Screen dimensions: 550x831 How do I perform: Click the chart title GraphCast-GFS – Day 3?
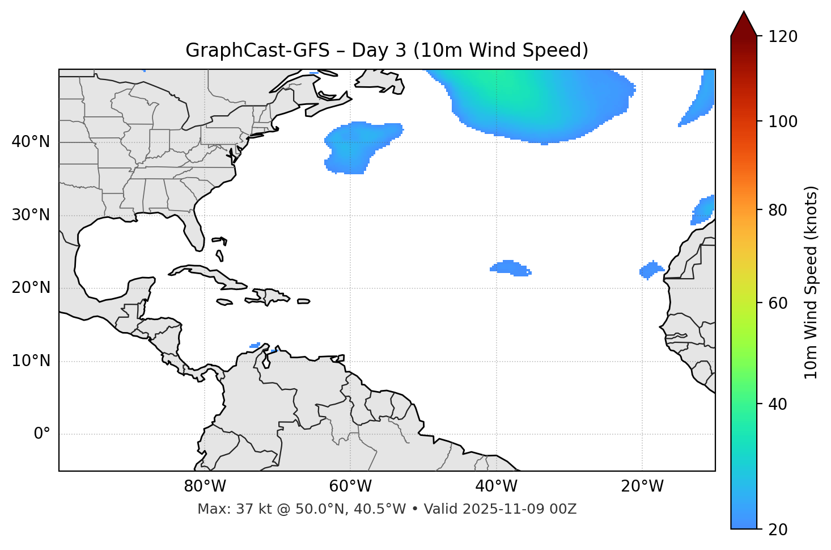(x=387, y=51)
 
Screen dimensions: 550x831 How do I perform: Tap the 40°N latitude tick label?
(x=31, y=142)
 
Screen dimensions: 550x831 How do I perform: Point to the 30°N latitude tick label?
(x=31, y=215)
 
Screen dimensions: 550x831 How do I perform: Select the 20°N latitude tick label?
(x=31, y=288)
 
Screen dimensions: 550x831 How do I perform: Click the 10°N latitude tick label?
(x=31, y=361)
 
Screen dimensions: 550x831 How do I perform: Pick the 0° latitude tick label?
(x=42, y=434)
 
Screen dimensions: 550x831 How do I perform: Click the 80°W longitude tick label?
(x=205, y=486)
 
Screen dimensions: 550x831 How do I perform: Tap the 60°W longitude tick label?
(x=350, y=486)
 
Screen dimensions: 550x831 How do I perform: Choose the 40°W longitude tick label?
(x=496, y=486)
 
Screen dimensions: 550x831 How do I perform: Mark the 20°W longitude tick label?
(x=642, y=486)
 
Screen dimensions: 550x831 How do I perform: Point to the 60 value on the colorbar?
(x=780, y=303)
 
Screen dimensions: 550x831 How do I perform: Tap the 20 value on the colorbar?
(x=780, y=530)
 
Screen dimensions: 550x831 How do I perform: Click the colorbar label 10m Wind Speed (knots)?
(x=811, y=282)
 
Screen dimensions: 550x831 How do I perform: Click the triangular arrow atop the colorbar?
(x=744, y=24)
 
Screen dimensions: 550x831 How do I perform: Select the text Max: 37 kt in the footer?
(x=224, y=509)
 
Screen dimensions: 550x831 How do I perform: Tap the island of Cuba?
(x=207, y=274)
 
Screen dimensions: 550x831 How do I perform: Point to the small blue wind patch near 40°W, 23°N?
(x=510, y=268)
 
